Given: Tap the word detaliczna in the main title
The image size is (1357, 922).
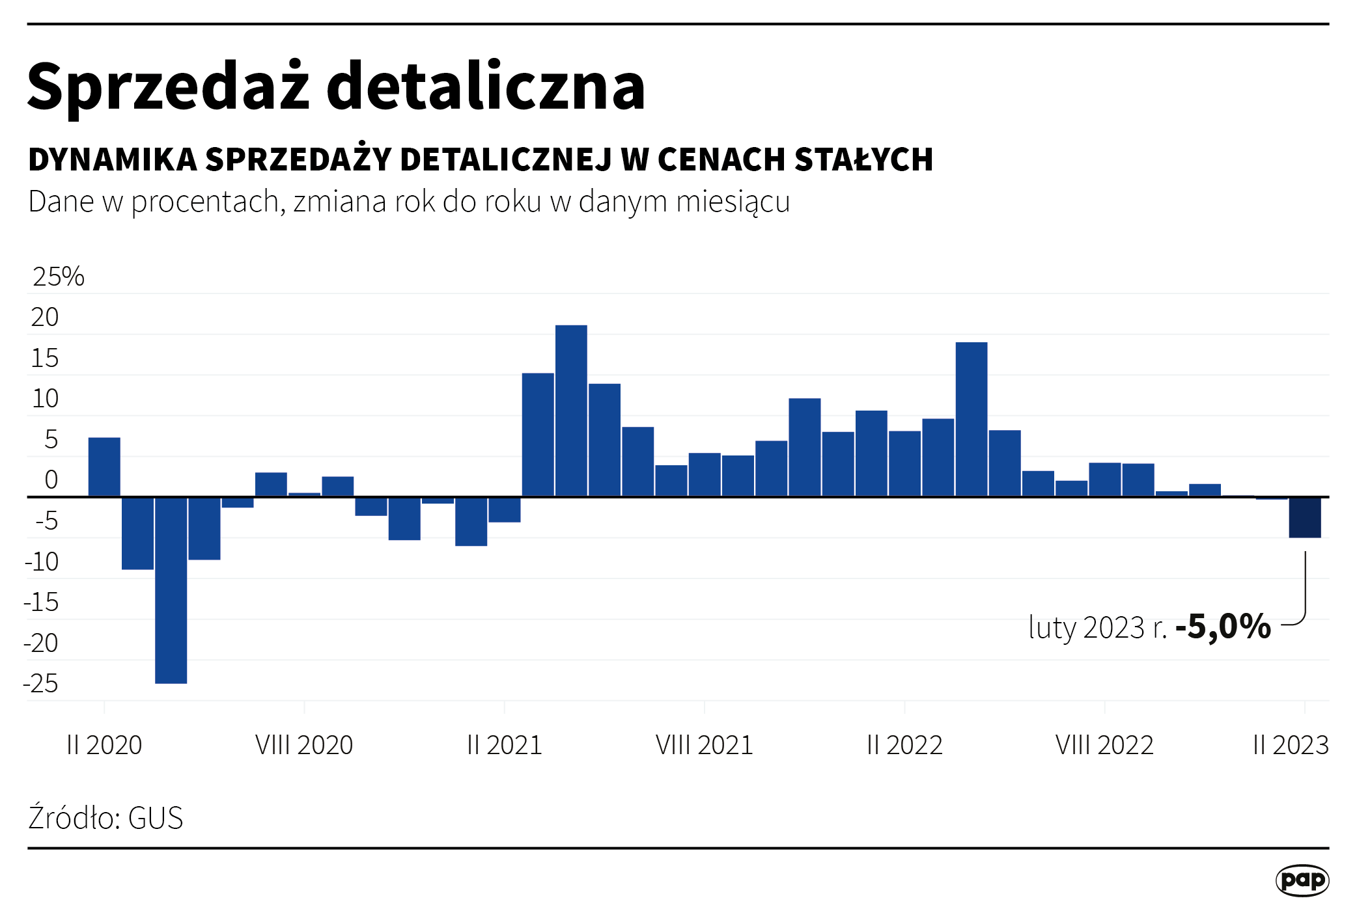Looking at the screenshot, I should click(485, 87).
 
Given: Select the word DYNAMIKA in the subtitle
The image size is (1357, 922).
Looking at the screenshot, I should click(113, 160).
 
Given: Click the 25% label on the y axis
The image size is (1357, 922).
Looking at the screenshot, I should click(58, 277).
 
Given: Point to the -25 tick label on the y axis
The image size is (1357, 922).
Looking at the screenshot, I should click(41, 684).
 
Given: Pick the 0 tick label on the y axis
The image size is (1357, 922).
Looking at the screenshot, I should click(51, 480).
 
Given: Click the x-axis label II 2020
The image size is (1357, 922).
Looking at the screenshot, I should click(104, 745).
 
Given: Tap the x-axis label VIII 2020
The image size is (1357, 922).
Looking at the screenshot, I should click(304, 745).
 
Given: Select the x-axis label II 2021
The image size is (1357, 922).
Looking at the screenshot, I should click(505, 745).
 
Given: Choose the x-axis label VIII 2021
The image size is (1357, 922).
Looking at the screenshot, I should click(705, 745).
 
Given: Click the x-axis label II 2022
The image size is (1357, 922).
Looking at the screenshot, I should click(904, 745).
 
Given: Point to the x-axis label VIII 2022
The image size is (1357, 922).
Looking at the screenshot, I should click(1104, 745).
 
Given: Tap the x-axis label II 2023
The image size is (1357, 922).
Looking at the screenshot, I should click(1291, 745).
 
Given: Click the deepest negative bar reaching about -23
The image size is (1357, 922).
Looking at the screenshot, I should click(171, 590).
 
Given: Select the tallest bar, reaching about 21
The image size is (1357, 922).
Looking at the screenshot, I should click(571, 411).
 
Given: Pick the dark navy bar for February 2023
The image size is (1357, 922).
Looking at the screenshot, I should click(1305, 518).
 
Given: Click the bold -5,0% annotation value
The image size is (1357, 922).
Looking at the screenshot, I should click(1223, 627).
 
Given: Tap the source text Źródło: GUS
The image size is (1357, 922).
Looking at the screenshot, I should click(105, 818).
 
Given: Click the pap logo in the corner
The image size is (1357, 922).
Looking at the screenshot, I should click(1302, 880).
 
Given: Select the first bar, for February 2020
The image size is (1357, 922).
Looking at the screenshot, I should click(104, 467).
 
